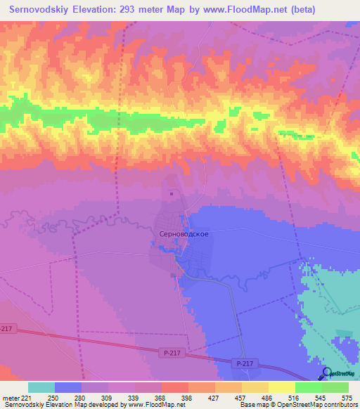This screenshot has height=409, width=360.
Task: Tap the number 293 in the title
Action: [131, 10]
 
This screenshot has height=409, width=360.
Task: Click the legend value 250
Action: [53, 398]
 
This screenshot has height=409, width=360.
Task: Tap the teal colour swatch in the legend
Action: [41, 387]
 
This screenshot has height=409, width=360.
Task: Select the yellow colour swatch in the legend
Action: [282, 387]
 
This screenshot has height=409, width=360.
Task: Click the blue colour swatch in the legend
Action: [68, 387]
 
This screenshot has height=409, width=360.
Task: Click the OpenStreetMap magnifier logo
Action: [327, 373]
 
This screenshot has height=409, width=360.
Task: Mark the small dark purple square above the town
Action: [172, 194]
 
